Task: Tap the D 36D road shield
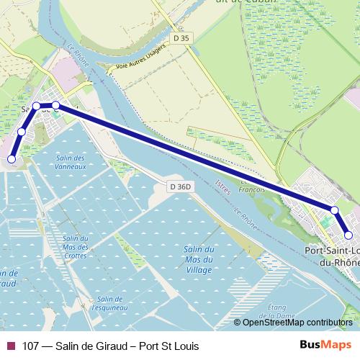pos(181,187)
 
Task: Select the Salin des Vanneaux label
pos(71,162)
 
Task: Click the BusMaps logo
pos(325,345)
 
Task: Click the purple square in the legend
pos(9,346)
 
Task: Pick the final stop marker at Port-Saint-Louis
pos(348,235)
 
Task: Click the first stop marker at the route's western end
pos(12,159)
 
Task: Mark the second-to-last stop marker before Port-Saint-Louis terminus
pos(335,210)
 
